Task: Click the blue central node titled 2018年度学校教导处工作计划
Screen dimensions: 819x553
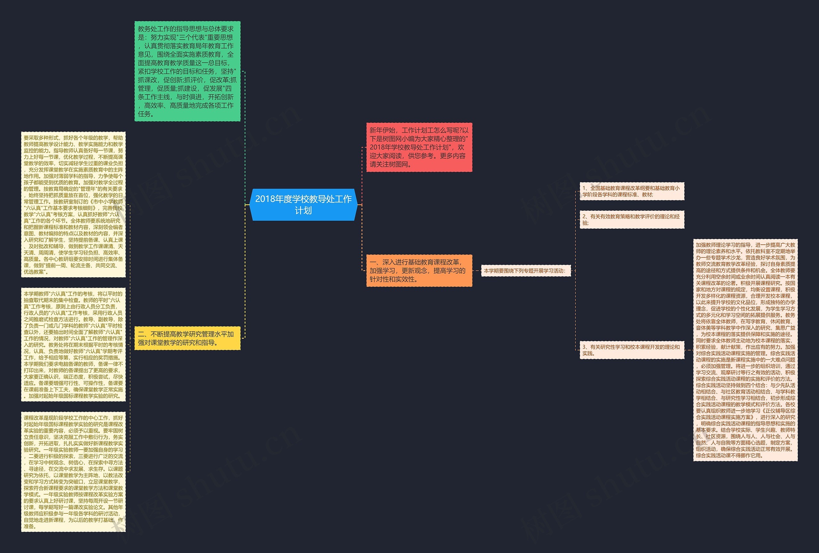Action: click(x=303, y=205)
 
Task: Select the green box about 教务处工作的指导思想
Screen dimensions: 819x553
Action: click(x=187, y=71)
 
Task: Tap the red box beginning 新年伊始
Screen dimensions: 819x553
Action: click(x=419, y=147)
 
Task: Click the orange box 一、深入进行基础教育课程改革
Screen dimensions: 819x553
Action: click(x=419, y=271)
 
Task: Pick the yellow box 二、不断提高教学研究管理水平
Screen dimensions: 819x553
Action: click(x=187, y=338)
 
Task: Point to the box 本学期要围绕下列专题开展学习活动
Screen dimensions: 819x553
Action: click(x=525, y=271)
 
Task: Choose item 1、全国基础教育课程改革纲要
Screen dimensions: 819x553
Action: click(x=632, y=191)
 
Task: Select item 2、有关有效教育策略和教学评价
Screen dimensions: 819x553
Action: click(x=632, y=219)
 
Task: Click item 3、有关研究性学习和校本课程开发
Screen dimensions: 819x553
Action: click(x=632, y=350)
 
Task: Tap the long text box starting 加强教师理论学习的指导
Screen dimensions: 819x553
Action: click(x=745, y=350)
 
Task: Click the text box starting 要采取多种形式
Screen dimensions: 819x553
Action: click(x=73, y=205)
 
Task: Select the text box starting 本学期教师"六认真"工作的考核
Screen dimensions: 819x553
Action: click(x=73, y=344)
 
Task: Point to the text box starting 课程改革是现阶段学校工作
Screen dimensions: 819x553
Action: click(x=73, y=472)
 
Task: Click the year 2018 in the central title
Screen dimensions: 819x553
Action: click(x=265, y=199)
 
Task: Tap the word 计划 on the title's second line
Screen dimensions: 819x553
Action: click(x=303, y=211)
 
